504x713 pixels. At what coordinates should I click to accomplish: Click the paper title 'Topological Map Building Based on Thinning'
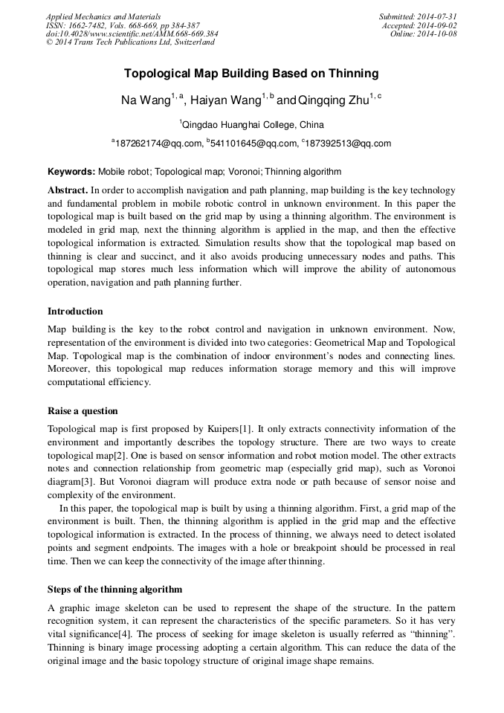click(251, 74)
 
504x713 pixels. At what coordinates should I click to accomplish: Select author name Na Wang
click(146, 100)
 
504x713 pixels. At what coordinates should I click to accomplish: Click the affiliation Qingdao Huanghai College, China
click(252, 124)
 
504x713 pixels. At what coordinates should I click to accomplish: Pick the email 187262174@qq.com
click(158, 143)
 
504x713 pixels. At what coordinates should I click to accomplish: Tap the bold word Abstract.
click(68, 190)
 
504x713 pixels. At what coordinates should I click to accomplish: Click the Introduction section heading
click(75, 312)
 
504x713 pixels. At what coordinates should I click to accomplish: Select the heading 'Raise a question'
click(83, 411)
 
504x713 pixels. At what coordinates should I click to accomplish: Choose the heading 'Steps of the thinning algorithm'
click(114, 590)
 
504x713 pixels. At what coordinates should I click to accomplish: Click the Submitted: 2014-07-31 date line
click(417, 16)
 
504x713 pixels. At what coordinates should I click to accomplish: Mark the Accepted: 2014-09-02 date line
click(419, 25)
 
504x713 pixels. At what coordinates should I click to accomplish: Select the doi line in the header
click(132, 33)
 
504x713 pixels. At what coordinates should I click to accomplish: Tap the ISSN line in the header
click(123, 25)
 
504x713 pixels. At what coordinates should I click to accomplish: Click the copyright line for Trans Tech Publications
click(130, 42)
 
